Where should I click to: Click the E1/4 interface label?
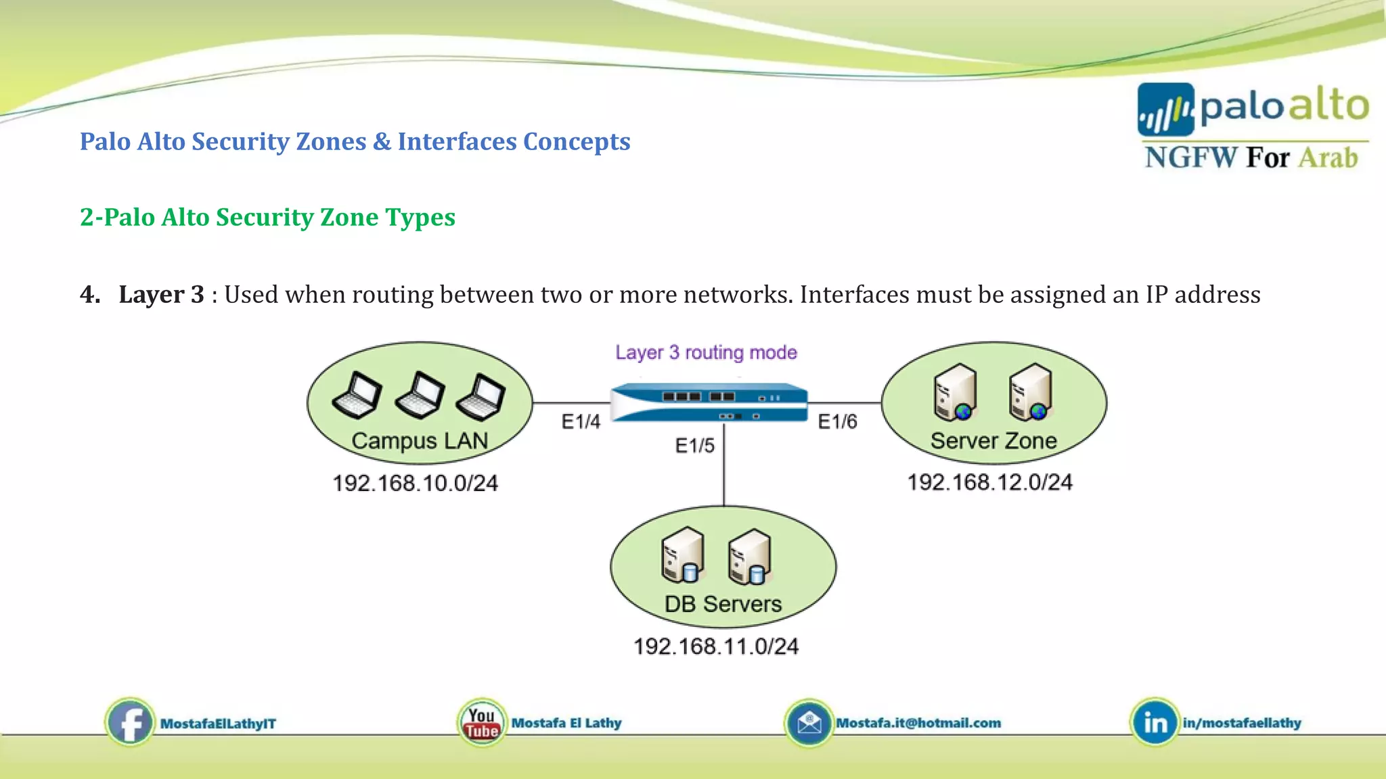pos(581,422)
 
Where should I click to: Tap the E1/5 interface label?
pos(695,446)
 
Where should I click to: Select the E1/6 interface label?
pos(837,422)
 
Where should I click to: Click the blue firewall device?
pos(709,403)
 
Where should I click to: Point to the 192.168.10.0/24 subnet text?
pos(415,483)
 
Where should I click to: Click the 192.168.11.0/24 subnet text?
pos(716,646)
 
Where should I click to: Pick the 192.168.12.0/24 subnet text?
pos(989,482)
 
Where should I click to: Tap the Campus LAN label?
pos(420,441)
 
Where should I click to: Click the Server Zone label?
pos(993,441)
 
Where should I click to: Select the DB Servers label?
pos(723,604)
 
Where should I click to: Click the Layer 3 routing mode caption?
pos(706,352)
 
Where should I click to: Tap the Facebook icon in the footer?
pos(129,722)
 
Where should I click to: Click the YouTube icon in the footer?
pos(481,723)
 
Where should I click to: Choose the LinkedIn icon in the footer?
pos(1155,722)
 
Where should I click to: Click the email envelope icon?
pos(809,723)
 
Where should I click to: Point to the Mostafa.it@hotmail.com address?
pos(918,723)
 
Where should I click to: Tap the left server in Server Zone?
pos(955,392)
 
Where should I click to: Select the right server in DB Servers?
pos(750,556)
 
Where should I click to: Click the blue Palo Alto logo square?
pos(1165,110)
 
